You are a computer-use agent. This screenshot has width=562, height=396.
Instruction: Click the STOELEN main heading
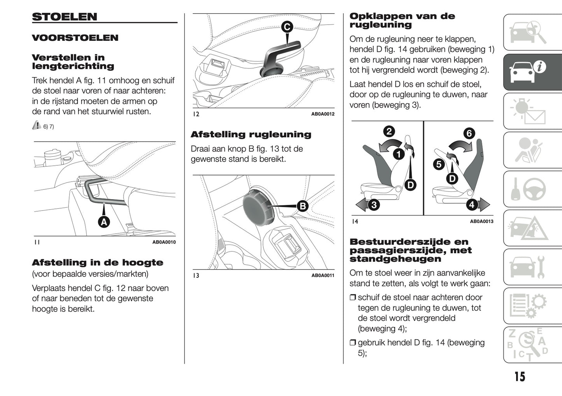tap(65, 17)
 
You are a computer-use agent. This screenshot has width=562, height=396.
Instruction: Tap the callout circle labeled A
tap(104, 222)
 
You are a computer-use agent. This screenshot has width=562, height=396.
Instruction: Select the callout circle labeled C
tap(287, 27)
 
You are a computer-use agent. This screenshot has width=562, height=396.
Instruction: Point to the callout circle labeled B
tap(302, 206)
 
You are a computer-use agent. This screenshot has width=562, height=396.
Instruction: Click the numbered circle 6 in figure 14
tap(469, 133)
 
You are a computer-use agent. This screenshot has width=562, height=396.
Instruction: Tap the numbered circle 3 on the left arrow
tap(373, 205)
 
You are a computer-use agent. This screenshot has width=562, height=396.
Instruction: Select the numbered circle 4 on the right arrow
tap(472, 205)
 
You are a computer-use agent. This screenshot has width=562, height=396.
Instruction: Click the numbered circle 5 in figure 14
tap(439, 164)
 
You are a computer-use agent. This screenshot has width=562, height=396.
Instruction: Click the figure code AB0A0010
tap(164, 242)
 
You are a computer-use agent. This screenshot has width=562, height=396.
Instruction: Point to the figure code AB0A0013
tap(481, 221)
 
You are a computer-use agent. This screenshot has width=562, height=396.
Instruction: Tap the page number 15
tap(520, 377)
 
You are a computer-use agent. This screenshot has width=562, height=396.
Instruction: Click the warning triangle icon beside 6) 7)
tap(37, 125)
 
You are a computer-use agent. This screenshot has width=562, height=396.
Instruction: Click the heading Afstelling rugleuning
tap(251, 135)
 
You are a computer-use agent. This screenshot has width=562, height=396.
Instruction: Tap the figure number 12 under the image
tap(196, 114)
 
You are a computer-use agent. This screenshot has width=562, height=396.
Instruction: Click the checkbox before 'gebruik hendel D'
tap(353, 343)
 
